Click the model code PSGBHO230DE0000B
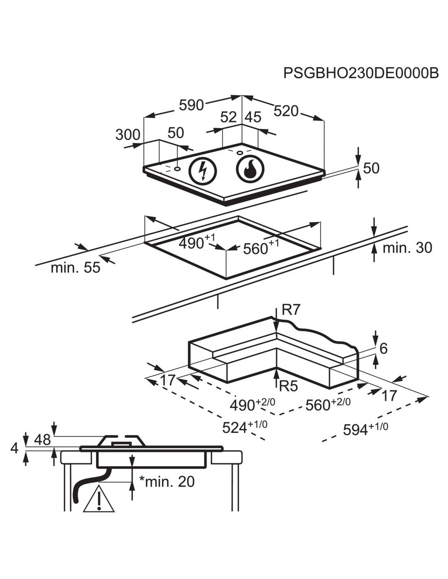click(361, 73)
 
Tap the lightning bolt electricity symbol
click(202, 171)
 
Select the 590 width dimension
click(191, 105)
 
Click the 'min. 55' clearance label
click(75, 268)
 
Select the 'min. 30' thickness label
click(407, 248)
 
